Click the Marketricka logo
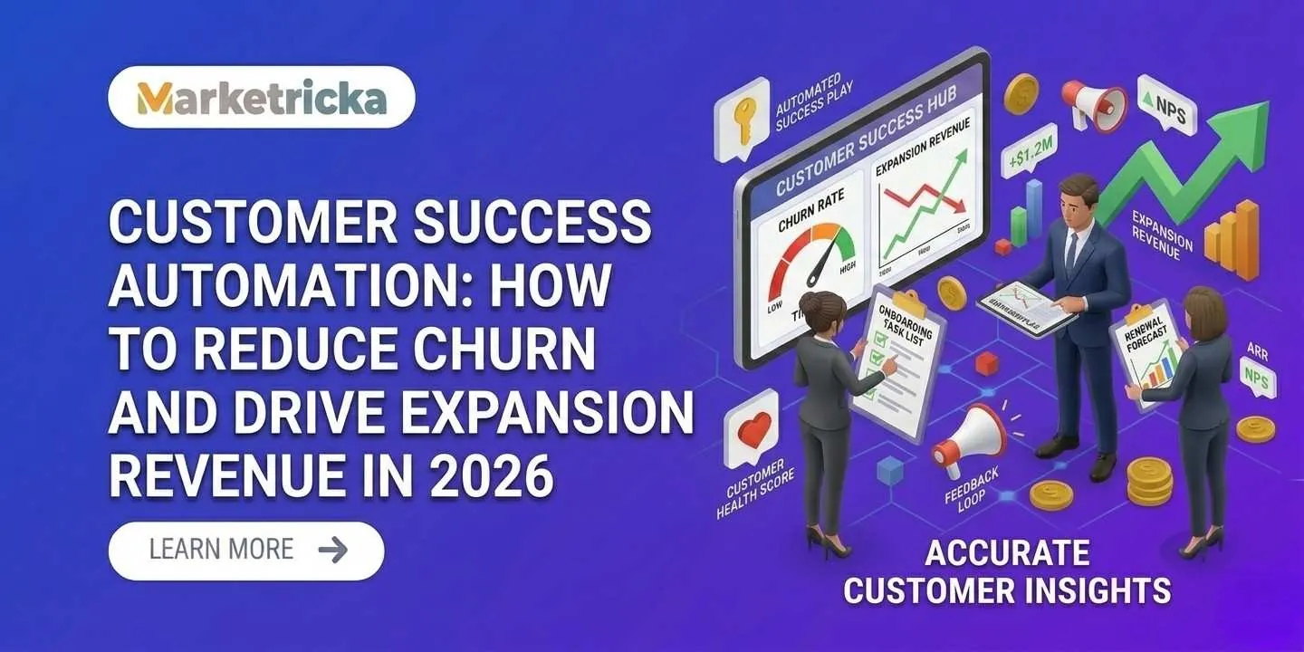(261, 97)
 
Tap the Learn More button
(246, 550)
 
